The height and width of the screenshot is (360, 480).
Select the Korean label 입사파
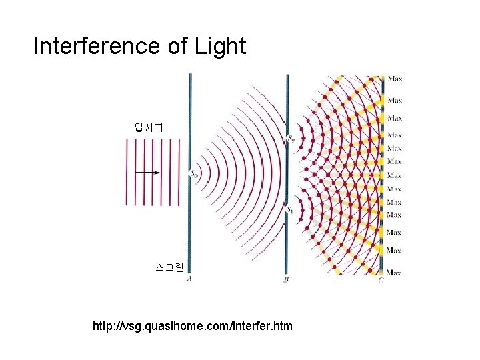pos(149,127)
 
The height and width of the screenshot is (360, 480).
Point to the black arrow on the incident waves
pos(147,172)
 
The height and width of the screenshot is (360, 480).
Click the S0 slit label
pos(193,174)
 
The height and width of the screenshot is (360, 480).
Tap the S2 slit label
pos(290,140)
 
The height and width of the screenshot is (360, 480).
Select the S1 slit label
pos(289,210)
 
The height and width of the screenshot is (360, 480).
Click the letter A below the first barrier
pos(190,279)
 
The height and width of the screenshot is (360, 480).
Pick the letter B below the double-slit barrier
pos(286,280)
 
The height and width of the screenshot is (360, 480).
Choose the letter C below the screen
pos(381,281)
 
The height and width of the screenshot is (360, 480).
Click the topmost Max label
pos(395,79)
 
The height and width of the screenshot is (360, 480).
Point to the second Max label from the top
pos(395,100)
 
